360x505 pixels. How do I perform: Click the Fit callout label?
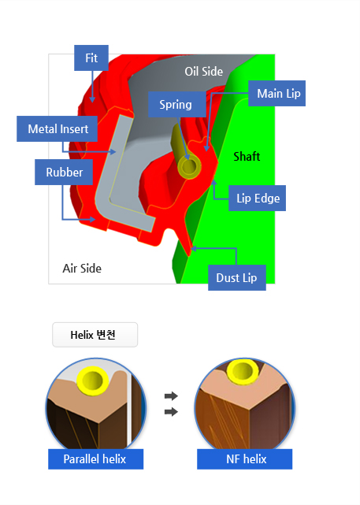point(91,58)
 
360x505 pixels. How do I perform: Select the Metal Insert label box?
point(57,129)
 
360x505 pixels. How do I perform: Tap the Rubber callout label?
point(64,172)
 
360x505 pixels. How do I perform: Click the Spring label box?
point(176,104)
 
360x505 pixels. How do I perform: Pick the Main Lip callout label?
point(277,94)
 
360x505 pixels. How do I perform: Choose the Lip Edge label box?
point(257,198)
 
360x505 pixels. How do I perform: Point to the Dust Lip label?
point(237,277)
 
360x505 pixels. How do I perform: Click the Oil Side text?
point(203,72)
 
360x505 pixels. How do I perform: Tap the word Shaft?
point(247,157)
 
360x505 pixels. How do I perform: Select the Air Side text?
point(82,269)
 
